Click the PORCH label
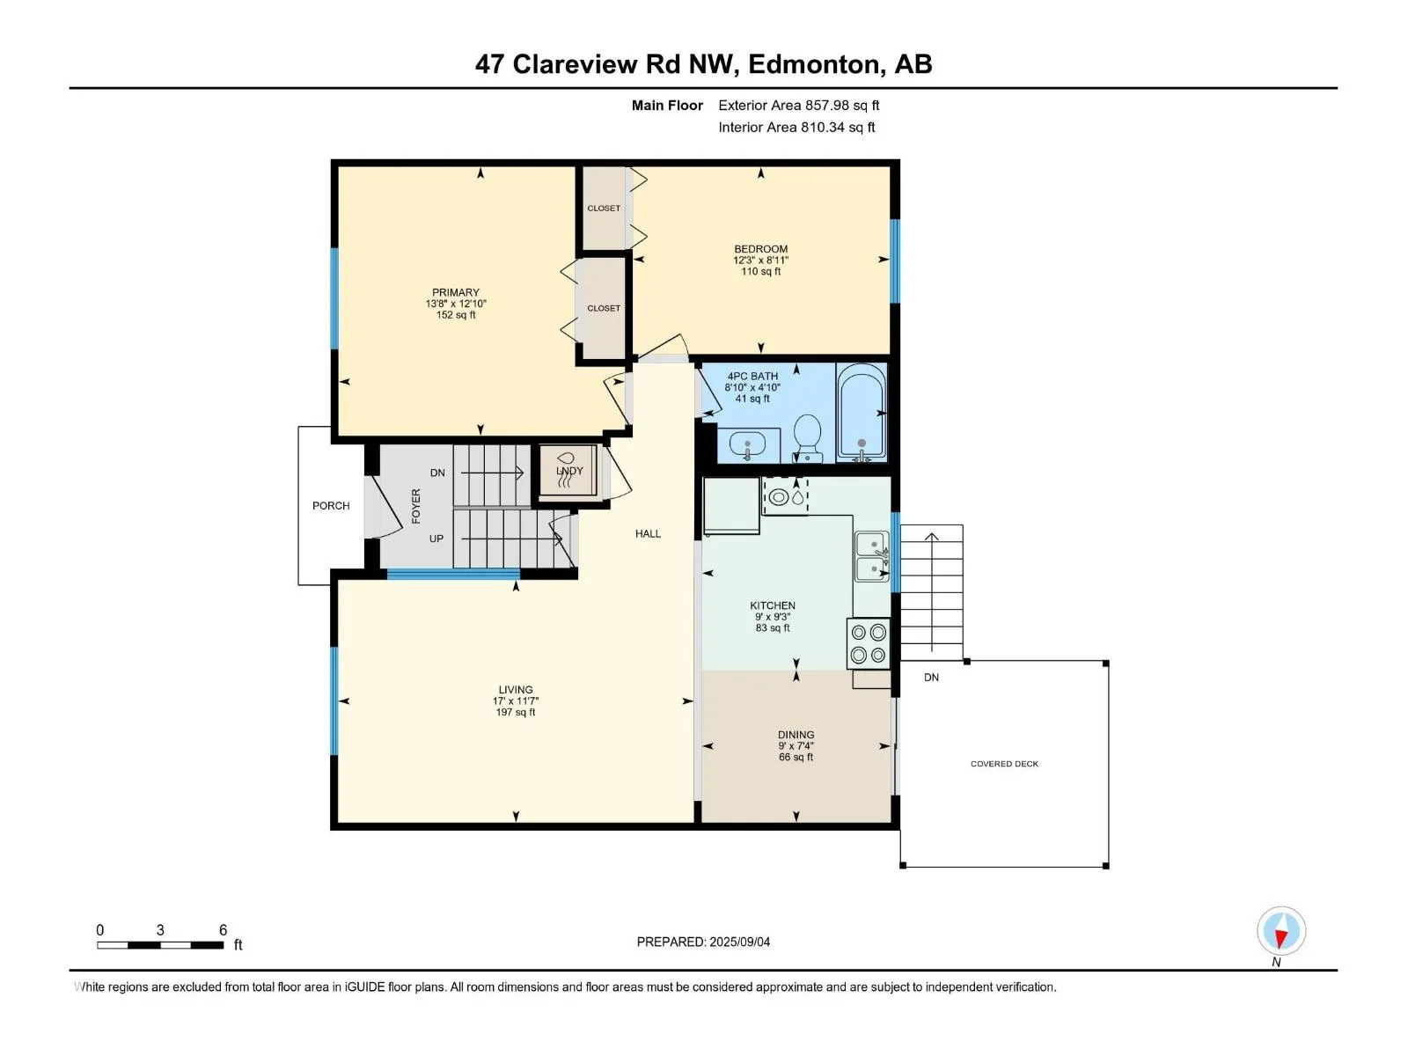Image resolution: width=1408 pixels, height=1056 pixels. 331,506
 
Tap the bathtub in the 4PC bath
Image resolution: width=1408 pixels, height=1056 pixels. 862,412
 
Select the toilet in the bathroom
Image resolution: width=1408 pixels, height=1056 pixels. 808,437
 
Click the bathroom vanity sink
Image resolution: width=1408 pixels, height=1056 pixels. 747,444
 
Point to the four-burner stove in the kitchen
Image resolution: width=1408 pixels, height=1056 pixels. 869,644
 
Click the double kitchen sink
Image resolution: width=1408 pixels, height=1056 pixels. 872,556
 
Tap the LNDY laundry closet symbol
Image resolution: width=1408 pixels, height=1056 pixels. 568,471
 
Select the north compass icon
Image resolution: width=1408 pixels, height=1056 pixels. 1281,931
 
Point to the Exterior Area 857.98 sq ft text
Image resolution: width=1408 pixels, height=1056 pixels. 799,105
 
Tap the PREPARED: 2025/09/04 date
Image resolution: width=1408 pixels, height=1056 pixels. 703,942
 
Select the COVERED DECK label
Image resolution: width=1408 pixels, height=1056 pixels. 1004,764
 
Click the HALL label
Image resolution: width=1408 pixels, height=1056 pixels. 648,533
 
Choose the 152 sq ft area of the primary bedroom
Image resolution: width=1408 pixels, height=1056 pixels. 456,315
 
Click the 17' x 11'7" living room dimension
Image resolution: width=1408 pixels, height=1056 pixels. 516,700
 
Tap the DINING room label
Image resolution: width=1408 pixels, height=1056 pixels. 796,735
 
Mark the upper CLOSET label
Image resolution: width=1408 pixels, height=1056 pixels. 604,209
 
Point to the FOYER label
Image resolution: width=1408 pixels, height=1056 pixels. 416,506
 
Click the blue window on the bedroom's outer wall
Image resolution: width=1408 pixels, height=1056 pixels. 895,261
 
